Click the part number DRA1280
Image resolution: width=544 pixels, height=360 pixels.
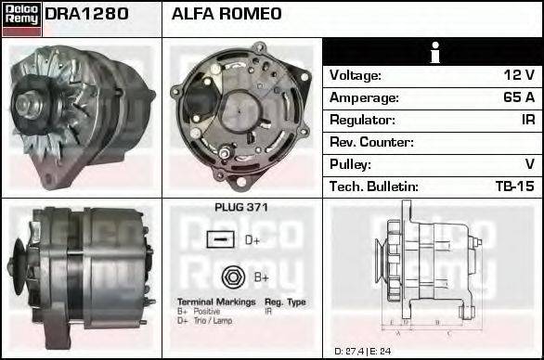pos(86,15)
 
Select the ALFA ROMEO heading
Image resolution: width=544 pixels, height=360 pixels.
pos(227,15)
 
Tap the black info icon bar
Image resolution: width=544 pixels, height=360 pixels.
pos(432,52)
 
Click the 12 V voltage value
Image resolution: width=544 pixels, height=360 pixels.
pos(518,75)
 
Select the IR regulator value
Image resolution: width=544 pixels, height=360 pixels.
pos(526,120)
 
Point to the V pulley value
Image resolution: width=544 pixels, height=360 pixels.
pos(529,164)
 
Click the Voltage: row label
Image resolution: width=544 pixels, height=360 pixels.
pos(356,75)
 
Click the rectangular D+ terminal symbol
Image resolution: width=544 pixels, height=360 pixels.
pos(220,240)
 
